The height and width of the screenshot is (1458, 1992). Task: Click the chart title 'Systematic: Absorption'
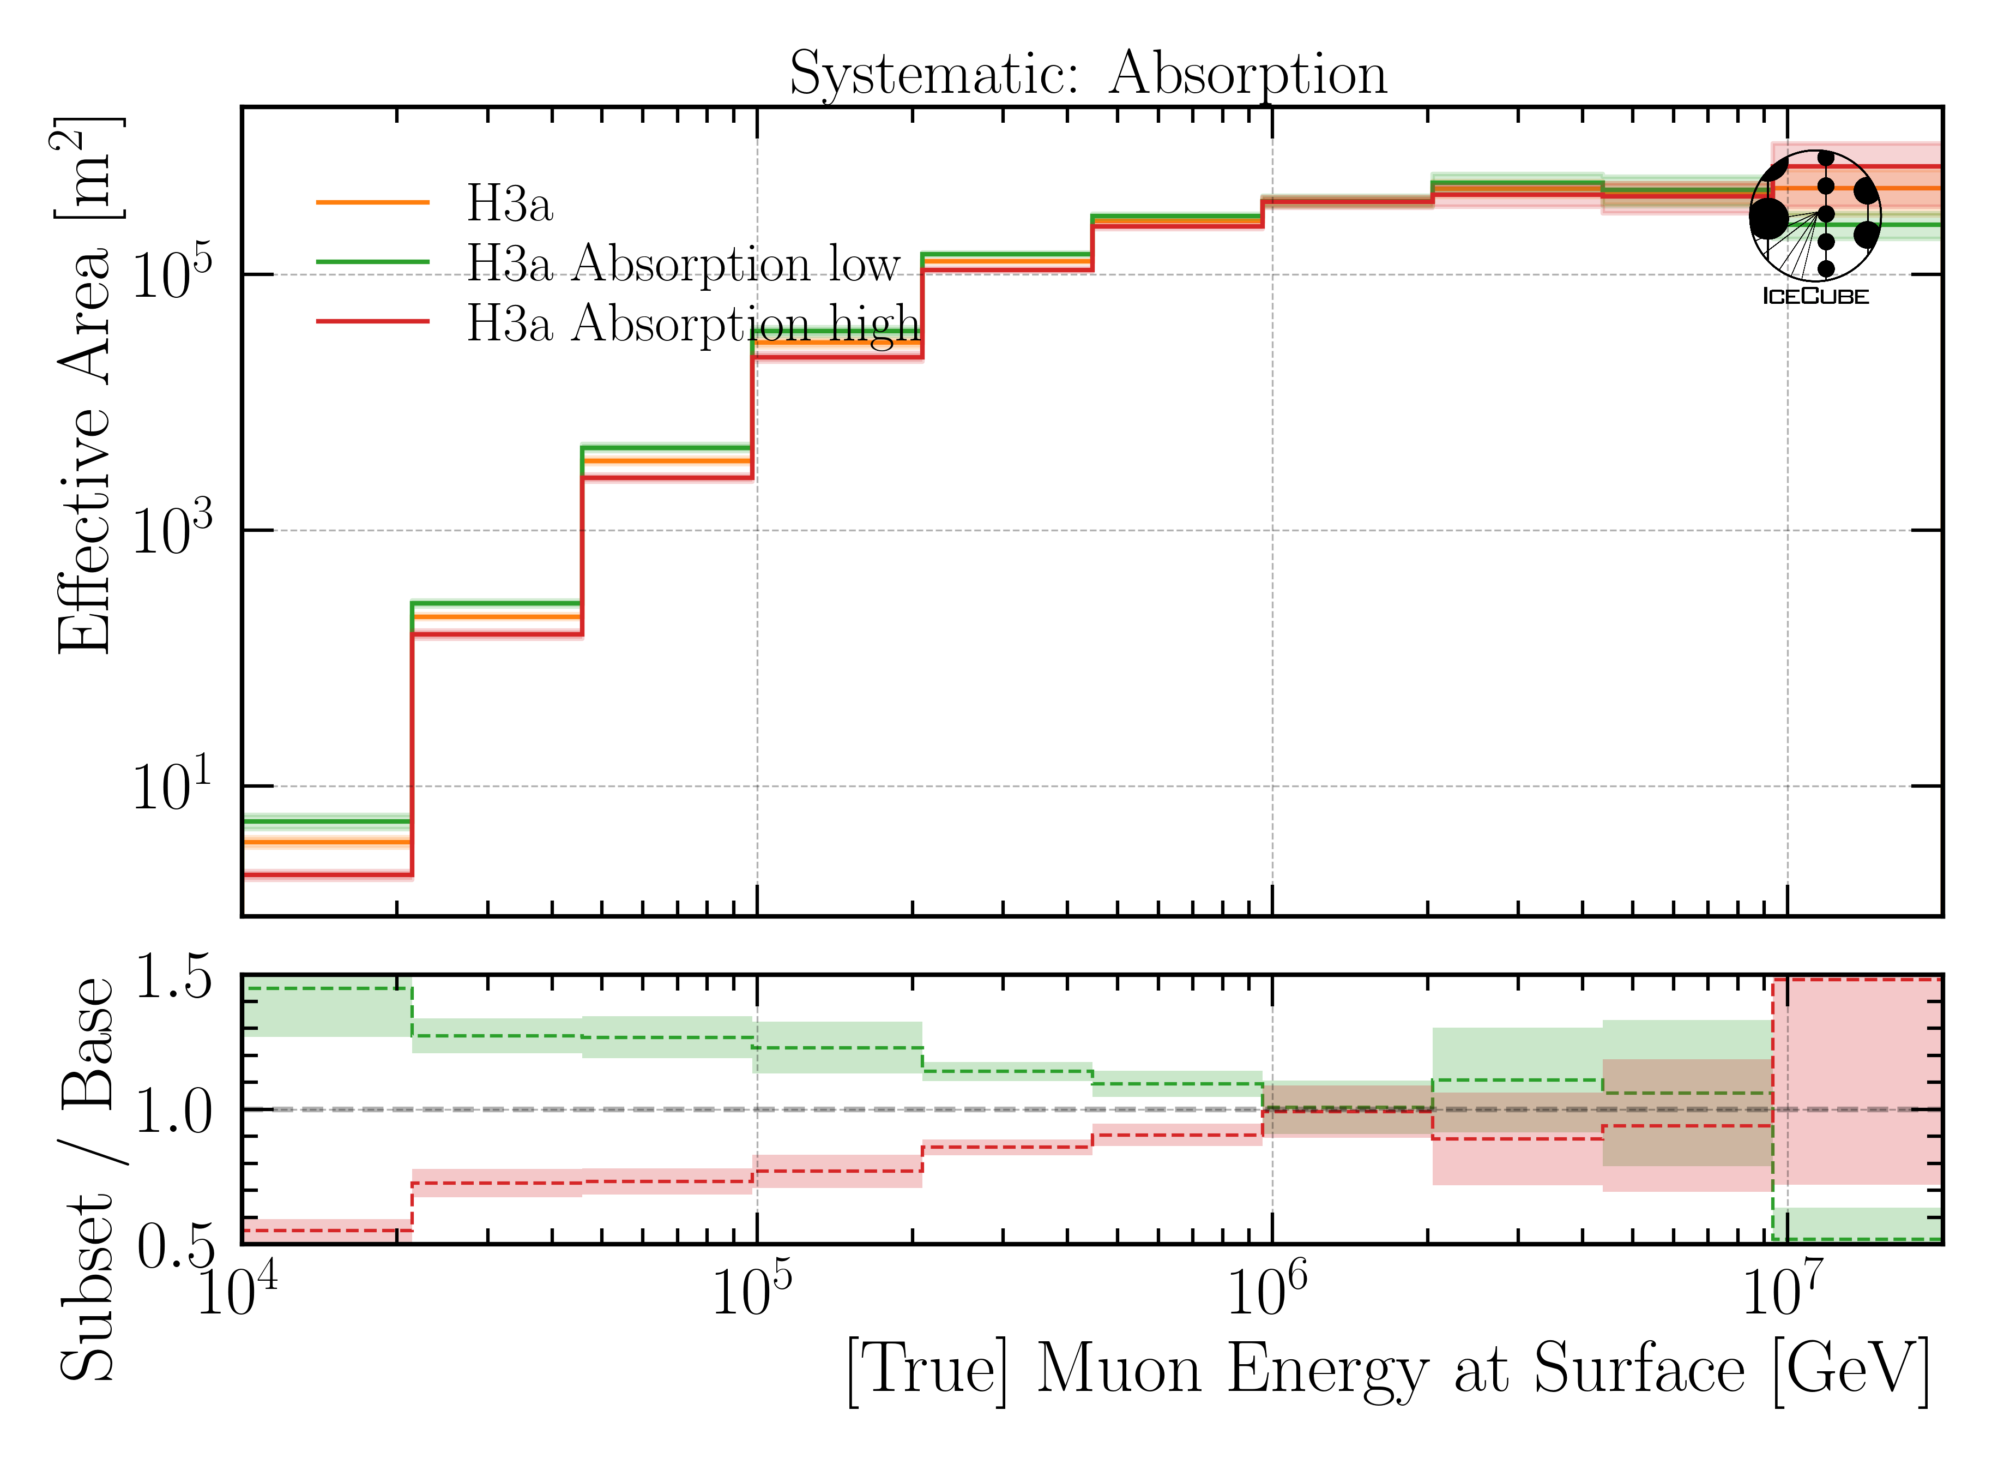pos(1087,74)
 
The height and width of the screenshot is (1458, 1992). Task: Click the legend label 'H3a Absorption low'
pos(683,263)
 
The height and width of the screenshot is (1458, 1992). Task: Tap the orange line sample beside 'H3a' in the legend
pos(372,203)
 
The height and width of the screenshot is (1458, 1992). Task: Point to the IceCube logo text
pos(1815,297)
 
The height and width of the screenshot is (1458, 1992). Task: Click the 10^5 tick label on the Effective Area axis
pos(172,275)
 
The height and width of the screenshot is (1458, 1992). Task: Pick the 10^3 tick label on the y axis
pos(172,531)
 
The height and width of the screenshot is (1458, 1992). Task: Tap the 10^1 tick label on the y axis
pos(172,787)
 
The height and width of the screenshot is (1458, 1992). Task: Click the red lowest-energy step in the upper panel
pos(327,875)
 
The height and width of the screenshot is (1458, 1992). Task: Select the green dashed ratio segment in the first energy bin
pos(327,988)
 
